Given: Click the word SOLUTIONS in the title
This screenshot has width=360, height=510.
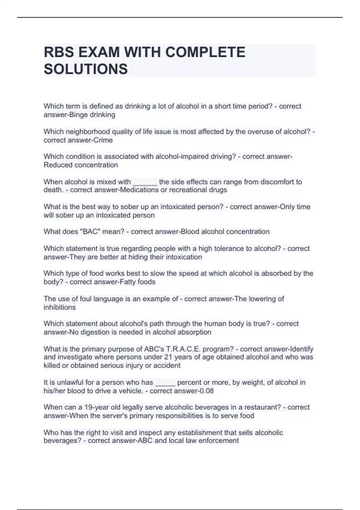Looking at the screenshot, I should [x=86, y=69].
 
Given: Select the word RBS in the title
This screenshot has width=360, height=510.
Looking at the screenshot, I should [x=59, y=52].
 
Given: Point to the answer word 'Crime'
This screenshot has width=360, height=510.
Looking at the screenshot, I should [x=103, y=140].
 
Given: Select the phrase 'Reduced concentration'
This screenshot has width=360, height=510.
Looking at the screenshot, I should [x=81, y=165].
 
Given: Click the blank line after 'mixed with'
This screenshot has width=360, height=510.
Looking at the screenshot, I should [x=145, y=182].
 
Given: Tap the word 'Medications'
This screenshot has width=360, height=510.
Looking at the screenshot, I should [x=139, y=190].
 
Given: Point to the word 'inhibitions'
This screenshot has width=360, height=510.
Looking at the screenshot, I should [x=60, y=307].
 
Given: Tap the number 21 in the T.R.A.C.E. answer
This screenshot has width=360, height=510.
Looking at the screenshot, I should [x=168, y=357].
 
